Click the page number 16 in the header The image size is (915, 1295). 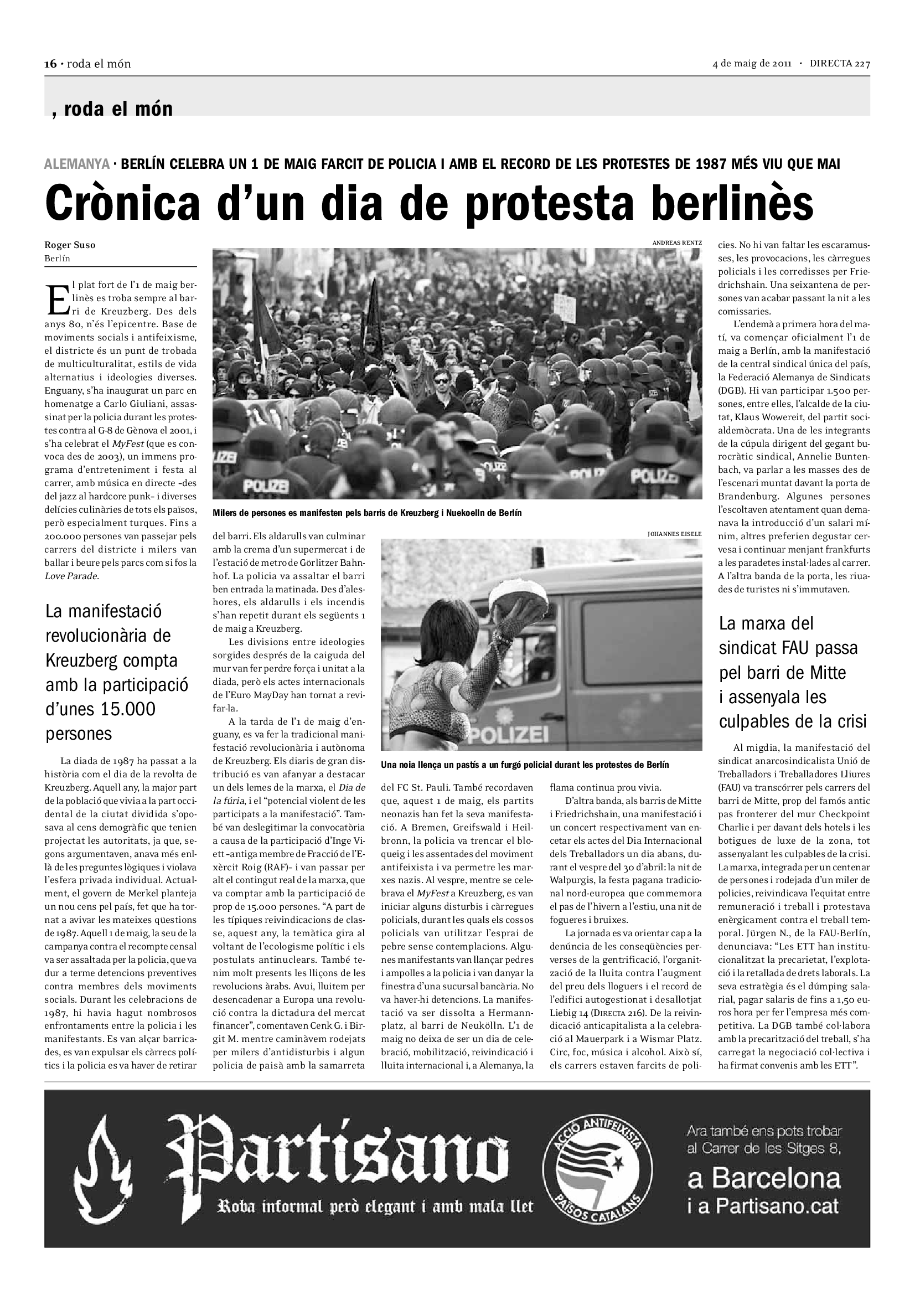(x=51, y=64)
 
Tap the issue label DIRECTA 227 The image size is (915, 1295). (x=840, y=64)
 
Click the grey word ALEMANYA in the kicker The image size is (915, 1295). (x=77, y=164)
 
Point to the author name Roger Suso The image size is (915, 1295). (x=70, y=245)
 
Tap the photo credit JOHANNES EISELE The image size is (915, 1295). (x=675, y=533)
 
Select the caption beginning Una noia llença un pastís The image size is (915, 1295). (x=524, y=765)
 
